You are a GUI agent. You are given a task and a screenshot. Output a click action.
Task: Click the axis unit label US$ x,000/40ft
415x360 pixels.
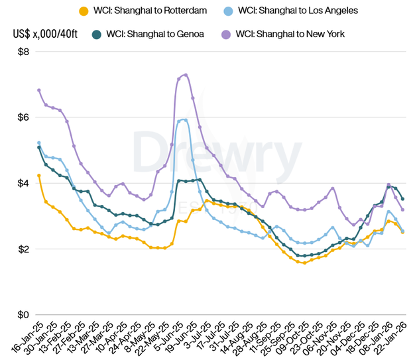(42, 34)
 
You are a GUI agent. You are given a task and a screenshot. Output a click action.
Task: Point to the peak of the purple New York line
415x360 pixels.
(186, 74)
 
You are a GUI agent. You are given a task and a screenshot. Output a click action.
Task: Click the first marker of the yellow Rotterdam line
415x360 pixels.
(39, 176)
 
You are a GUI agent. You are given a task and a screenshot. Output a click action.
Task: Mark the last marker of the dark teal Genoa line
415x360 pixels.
(402, 199)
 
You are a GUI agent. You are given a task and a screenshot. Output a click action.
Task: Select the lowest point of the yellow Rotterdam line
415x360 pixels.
(304, 263)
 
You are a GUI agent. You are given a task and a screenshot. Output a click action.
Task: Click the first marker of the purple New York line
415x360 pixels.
(39, 90)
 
